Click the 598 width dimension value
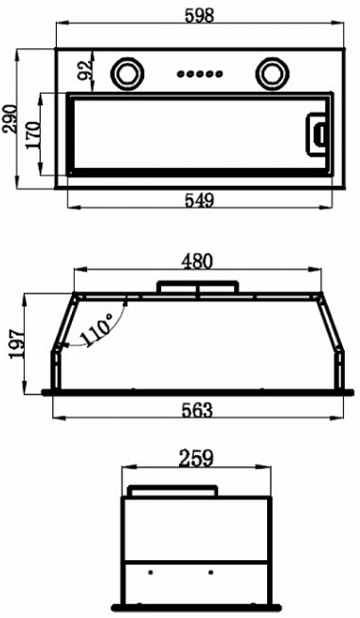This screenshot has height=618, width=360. pos(199,16)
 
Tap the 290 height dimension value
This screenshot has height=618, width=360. pos(9,118)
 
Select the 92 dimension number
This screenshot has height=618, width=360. pos(84,70)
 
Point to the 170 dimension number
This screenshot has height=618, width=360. pos(33,136)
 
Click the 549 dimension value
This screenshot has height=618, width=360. pos(199,200)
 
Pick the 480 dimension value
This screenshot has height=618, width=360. pos(197,262)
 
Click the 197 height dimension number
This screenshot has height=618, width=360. pos(16,344)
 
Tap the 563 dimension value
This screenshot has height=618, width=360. pos(197,410)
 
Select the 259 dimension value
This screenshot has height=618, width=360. pos(196,459)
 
